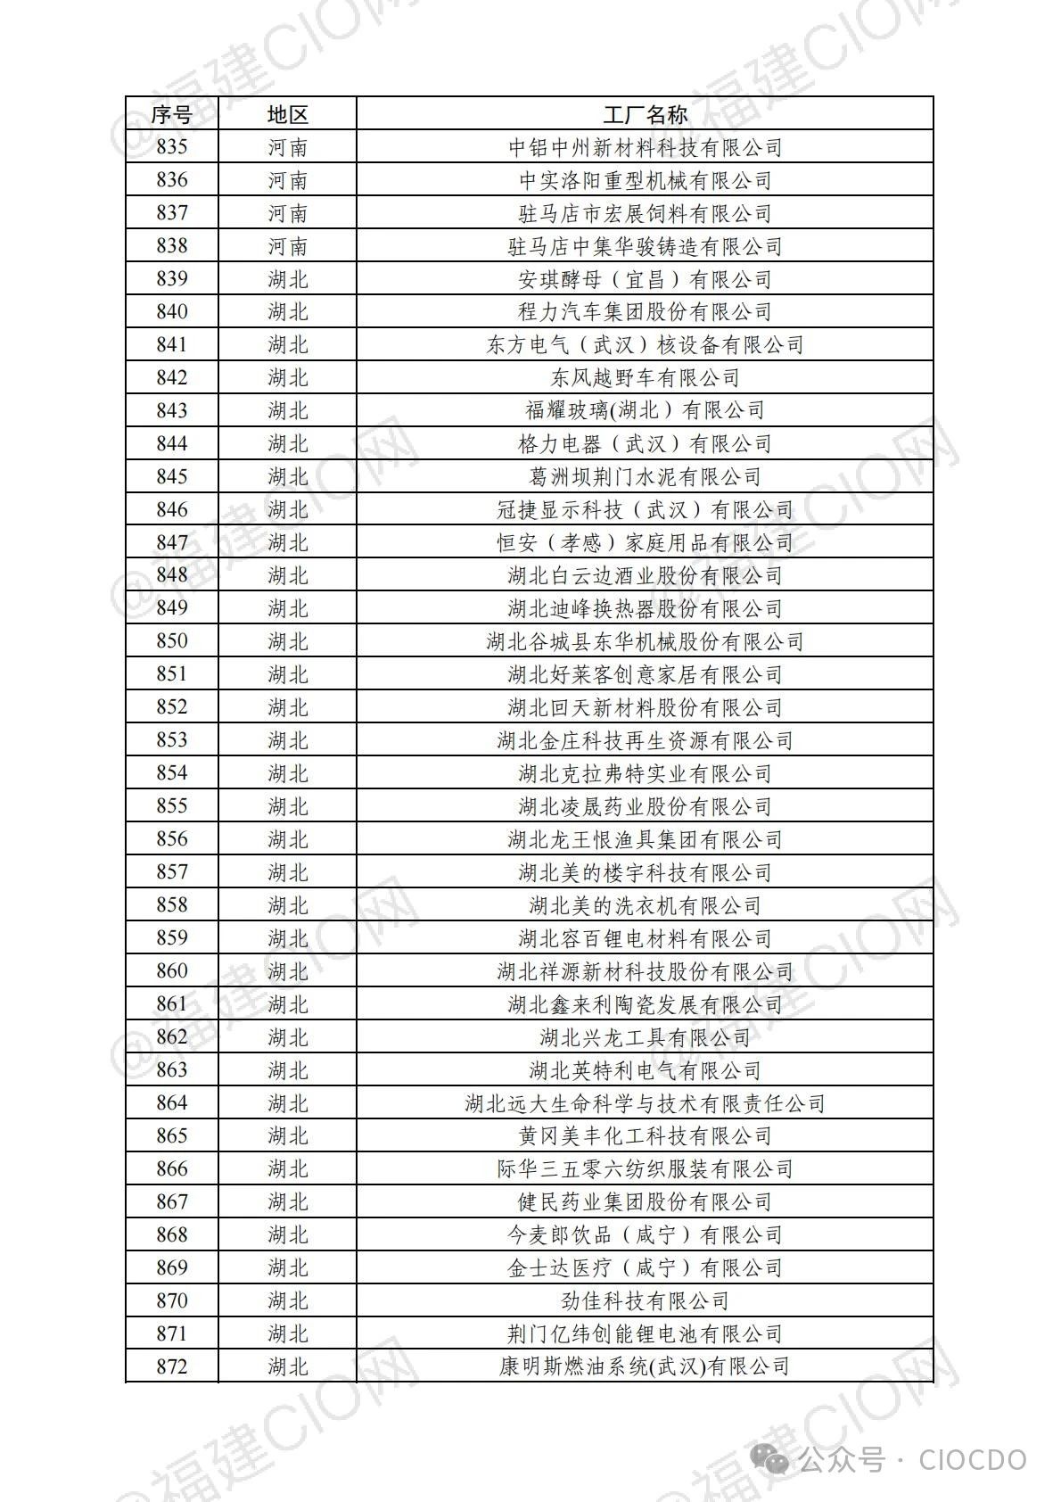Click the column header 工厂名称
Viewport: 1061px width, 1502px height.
point(645,114)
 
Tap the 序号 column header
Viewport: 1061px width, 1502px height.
point(171,114)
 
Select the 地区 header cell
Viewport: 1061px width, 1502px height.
point(287,114)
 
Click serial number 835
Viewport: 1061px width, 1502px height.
point(171,147)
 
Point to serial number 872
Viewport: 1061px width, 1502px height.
point(171,1366)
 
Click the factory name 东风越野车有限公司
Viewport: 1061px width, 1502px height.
point(645,378)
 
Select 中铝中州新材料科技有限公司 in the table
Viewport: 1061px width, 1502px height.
point(645,147)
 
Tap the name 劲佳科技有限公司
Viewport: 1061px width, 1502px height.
point(645,1301)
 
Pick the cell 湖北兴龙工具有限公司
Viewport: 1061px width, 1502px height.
point(645,1037)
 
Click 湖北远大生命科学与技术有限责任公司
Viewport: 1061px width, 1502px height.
point(645,1103)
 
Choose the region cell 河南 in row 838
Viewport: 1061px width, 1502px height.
point(287,246)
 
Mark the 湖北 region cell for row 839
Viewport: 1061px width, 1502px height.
point(287,279)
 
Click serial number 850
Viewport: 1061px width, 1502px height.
point(171,641)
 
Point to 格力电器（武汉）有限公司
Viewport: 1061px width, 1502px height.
point(645,443)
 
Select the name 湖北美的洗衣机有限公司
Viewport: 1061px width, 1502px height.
point(645,905)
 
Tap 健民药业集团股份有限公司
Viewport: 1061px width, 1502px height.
point(645,1202)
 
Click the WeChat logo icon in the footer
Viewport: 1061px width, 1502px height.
point(772,1460)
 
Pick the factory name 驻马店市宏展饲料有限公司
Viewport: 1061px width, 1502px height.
point(645,213)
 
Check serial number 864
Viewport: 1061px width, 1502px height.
point(171,1103)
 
